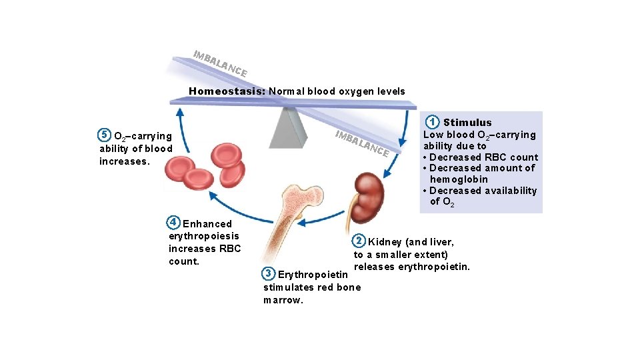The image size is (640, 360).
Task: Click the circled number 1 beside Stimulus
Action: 433,122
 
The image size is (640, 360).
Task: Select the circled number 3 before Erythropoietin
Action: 268,273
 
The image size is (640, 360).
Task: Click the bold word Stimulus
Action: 467,123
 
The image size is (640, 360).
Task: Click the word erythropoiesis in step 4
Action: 203,236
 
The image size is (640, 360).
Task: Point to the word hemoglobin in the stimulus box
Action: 459,179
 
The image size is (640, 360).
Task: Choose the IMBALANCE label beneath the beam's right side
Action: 362,143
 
